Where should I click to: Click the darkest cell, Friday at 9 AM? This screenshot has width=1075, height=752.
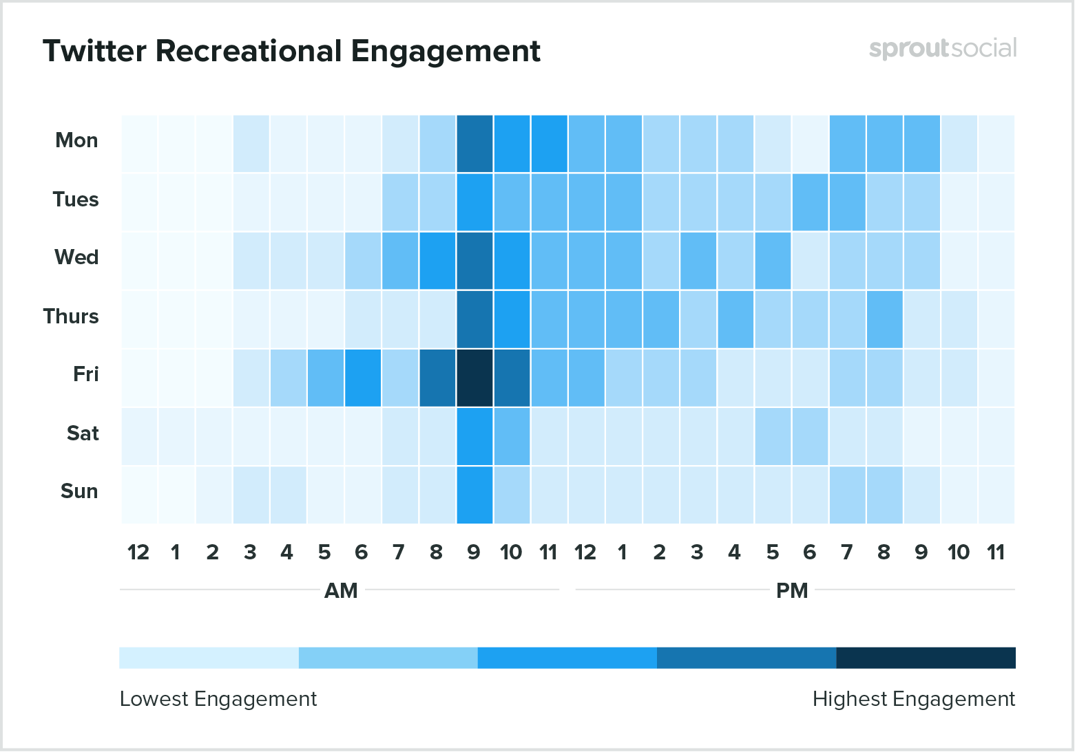[474, 378]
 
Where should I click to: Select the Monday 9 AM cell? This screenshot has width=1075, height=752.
[474, 143]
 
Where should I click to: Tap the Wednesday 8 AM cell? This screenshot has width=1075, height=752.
[437, 260]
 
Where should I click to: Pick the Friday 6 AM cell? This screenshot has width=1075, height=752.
[362, 378]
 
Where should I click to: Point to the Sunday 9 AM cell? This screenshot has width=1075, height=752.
[474, 495]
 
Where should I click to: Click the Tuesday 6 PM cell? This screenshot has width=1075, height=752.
[810, 202]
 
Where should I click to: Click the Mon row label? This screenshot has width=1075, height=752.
[76, 140]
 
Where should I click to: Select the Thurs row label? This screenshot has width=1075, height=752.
[71, 316]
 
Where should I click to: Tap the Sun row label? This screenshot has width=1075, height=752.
[79, 491]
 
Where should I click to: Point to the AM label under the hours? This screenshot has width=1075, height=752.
[341, 591]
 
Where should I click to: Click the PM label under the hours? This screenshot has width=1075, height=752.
[792, 591]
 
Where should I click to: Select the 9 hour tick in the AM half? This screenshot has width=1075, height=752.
[474, 552]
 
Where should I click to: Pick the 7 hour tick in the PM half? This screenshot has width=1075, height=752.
[847, 552]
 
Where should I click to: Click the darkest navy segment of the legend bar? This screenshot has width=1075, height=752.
[926, 658]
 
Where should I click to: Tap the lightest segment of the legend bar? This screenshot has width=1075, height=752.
[209, 658]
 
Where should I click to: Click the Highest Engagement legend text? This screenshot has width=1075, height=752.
[913, 699]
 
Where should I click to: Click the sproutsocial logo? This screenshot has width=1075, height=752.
[942, 49]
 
